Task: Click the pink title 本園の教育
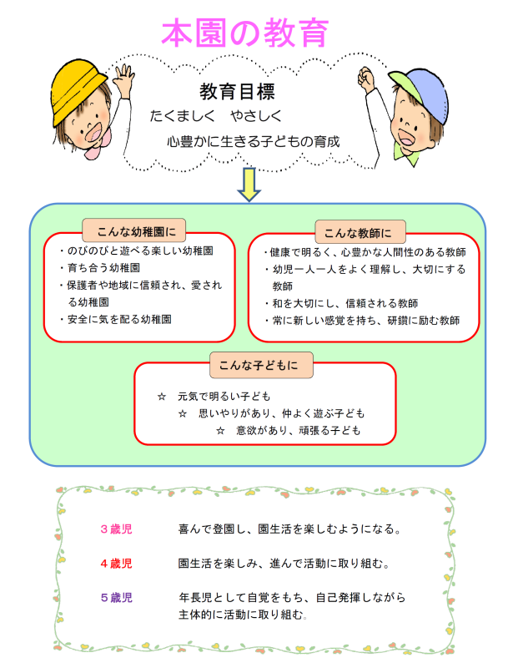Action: [x=245, y=33]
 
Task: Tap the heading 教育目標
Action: [x=238, y=92]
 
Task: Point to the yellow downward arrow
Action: [x=249, y=184]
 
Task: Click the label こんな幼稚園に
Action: [x=136, y=232]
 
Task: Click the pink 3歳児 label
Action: [x=116, y=529]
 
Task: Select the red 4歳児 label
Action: [x=116, y=564]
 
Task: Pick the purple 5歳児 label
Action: [x=116, y=598]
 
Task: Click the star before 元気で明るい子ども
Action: [x=162, y=397]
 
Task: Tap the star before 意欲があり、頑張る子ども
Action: [x=220, y=431]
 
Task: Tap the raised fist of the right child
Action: [x=366, y=78]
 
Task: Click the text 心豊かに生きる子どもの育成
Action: [x=254, y=141]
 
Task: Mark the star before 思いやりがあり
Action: [x=183, y=413]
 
